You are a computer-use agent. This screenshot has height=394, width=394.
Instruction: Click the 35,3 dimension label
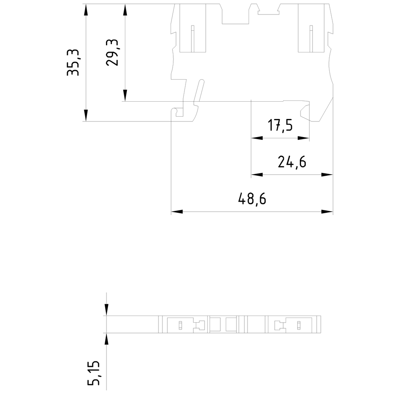coord(73,62)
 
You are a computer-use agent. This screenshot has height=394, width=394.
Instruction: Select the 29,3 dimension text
coord(112,52)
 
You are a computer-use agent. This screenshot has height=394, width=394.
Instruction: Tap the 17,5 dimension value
coord(280,125)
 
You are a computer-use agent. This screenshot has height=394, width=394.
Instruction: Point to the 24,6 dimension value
coord(292,162)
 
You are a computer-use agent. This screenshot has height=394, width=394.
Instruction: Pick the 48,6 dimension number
coord(252,199)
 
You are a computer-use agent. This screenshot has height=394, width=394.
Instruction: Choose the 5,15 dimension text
coord(94,373)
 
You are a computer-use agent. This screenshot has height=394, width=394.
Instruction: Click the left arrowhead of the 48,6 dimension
coord(177,212)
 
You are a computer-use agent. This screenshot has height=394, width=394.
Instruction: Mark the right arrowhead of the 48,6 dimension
coord(327,212)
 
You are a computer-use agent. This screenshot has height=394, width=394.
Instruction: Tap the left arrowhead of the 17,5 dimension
coord(257,138)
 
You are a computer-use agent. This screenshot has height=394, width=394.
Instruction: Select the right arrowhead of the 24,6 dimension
coord(327,175)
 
